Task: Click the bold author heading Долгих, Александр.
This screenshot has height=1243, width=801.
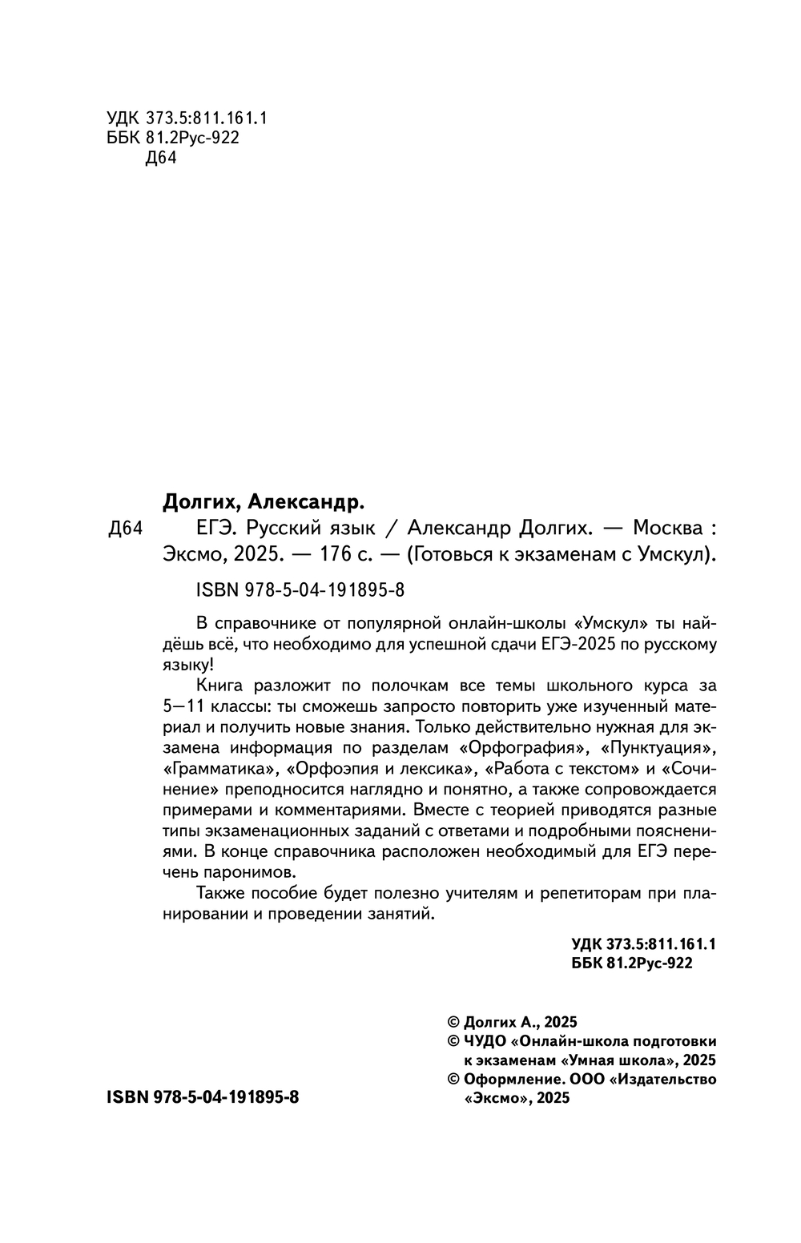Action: tap(264, 502)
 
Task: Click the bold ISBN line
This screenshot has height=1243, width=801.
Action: tap(202, 1098)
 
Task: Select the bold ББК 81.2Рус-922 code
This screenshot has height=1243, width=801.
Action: tap(632, 964)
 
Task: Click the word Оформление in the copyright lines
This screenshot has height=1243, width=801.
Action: tap(505, 1080)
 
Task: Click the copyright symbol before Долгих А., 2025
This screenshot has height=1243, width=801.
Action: tap(453, 1022)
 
